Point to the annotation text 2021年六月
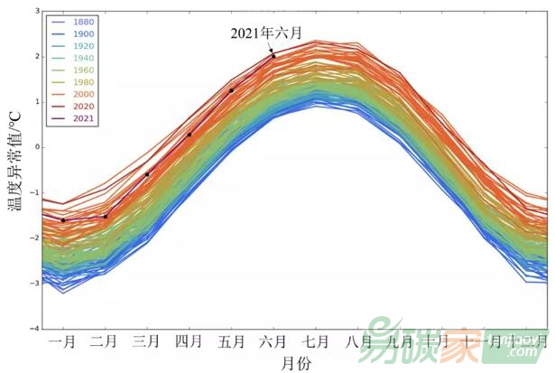pos(266,33)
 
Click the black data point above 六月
pos(273,56)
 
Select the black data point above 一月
pos(62,219)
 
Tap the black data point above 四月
pos(190,135)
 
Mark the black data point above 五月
pos(232,90)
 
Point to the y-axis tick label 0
pos(35,146)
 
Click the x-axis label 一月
pos(62,342)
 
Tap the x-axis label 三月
pos(147,342)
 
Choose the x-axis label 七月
pos(316,342)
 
